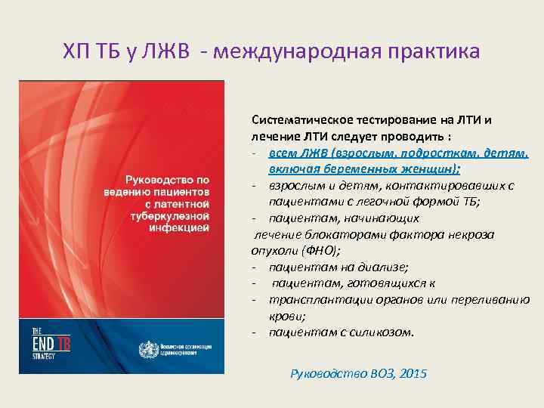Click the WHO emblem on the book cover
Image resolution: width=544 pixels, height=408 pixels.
tap(144, 349)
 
